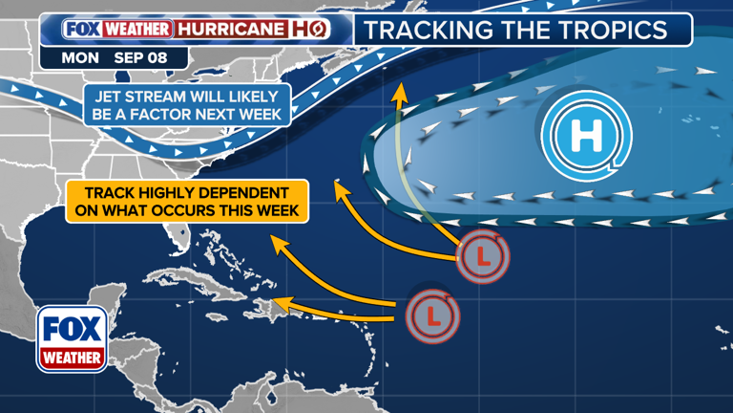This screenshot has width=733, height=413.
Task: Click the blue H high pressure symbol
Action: click(x=585, y=137)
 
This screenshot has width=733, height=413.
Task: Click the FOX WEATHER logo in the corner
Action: click(x=72, y=338)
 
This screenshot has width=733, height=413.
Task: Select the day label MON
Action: click(x=79, y=57)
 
